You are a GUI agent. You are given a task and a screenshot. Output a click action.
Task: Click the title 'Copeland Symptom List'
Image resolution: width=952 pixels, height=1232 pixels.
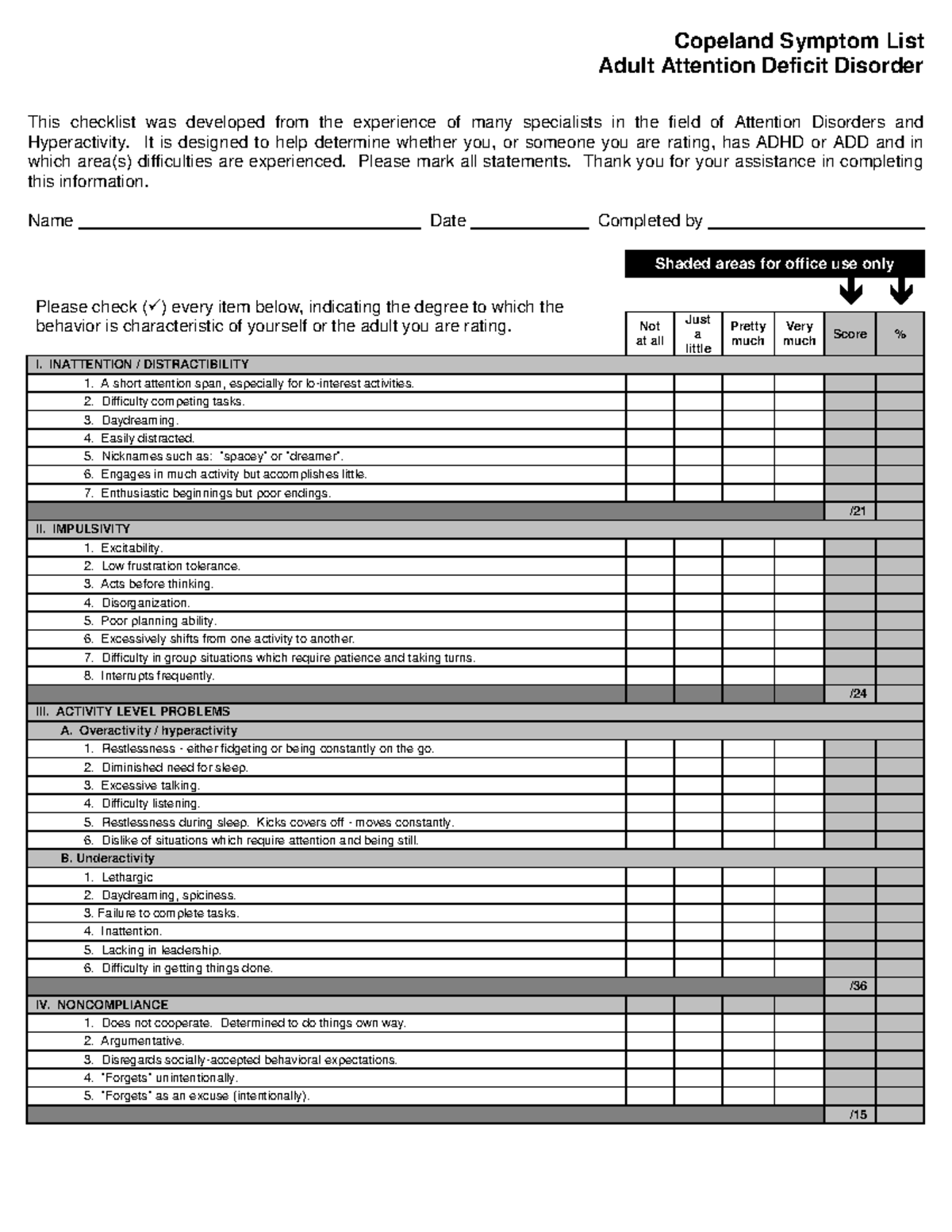tap(798, 40)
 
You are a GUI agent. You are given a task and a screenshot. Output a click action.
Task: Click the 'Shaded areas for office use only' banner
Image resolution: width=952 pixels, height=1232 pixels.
tap(774, 264)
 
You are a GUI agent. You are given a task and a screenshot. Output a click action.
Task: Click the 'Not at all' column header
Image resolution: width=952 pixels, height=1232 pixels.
tap(650, 333)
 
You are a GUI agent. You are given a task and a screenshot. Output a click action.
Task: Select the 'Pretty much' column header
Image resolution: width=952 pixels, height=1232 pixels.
tap(747, 333)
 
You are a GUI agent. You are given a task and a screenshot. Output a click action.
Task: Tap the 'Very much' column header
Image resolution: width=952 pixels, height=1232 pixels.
tap(799, 333)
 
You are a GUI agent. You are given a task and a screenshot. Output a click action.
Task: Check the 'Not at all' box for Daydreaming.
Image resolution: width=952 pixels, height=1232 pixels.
tap(650, 420)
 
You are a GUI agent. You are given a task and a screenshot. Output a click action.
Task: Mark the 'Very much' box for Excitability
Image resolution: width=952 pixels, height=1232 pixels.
tap(799, 548)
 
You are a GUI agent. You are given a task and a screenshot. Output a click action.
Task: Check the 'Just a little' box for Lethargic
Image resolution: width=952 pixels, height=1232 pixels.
tap(698, 877)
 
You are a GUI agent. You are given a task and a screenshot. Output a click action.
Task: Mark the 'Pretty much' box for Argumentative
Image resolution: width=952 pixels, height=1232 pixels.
tap(747, 1042)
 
